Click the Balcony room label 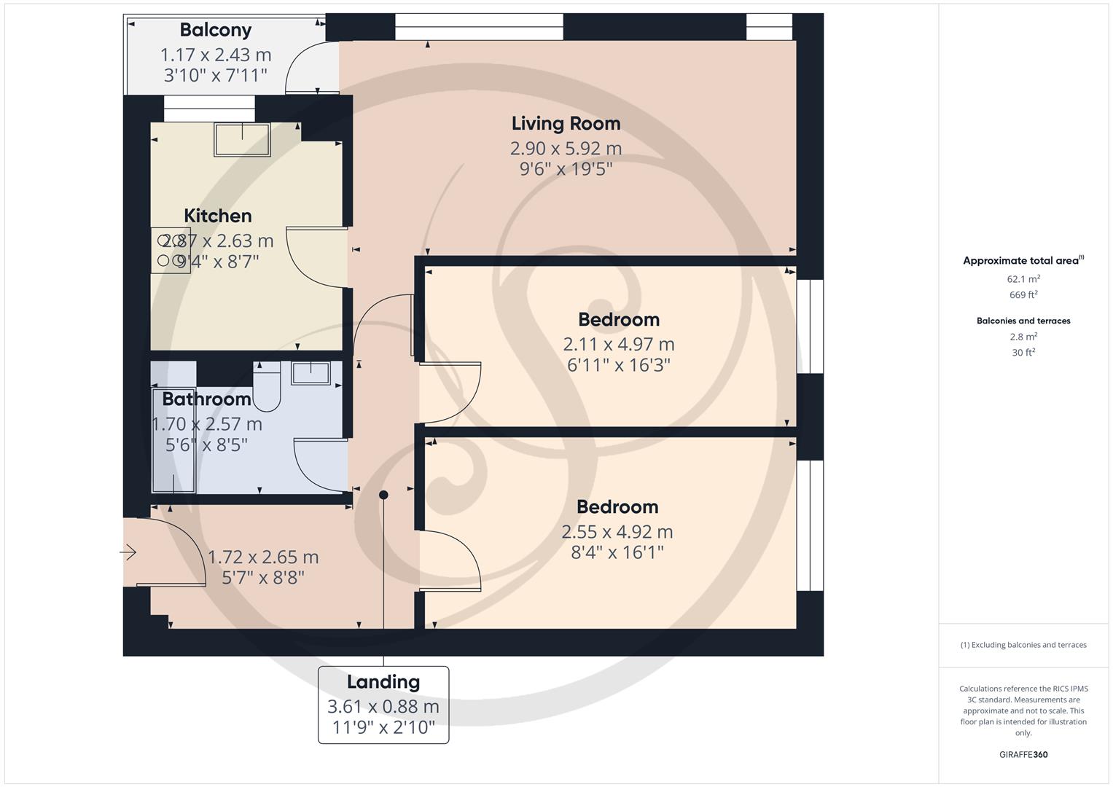tap(215, 30)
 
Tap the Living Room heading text tap(566, 123)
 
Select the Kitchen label tap(217, 216)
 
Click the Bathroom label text tap(206, 399)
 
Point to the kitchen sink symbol tap(242, 139)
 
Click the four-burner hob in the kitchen tap(171, 250)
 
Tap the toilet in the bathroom tap(267, 387)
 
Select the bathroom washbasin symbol tap(311, 372)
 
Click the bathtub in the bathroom tap(173, 440)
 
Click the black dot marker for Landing tap(383, 495)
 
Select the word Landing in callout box tap(383, 682)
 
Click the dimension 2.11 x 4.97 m tap(618, 344)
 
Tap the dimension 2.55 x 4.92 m tap(617, 532)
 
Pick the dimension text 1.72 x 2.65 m tap(263, 557)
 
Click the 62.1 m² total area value tap(1023, 278)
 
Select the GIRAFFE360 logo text tap(1023, 754)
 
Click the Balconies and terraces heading tap(1023, 321)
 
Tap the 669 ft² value tap(1023, 294)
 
